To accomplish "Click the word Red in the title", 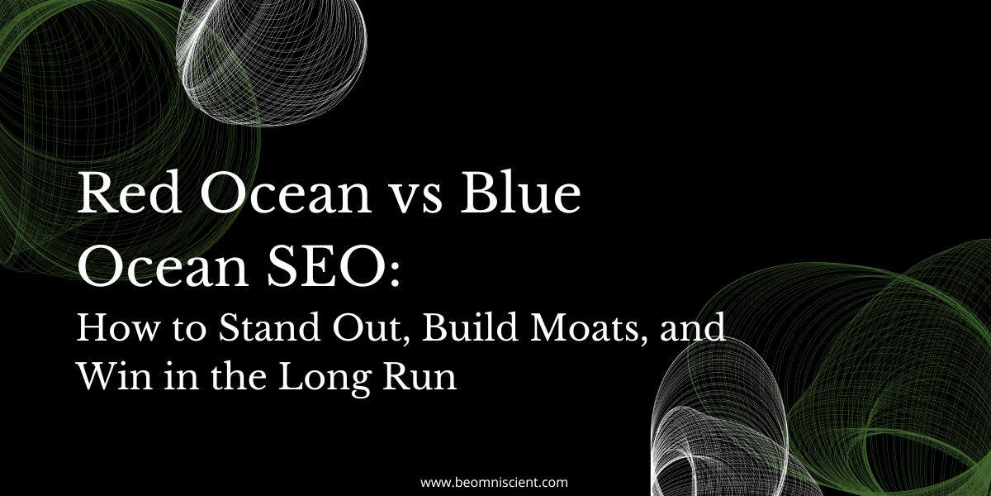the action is [130, 193].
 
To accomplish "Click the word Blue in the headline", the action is [520, 191].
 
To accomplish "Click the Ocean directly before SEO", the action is [163, 266].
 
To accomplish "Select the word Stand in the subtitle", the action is [269, 327].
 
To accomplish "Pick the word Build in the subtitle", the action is [470, 327].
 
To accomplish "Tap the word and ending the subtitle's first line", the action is [693, 327].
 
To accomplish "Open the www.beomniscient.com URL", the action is [494, 482].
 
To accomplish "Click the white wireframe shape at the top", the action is [271, 62].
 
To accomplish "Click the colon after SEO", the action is [396, 272].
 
